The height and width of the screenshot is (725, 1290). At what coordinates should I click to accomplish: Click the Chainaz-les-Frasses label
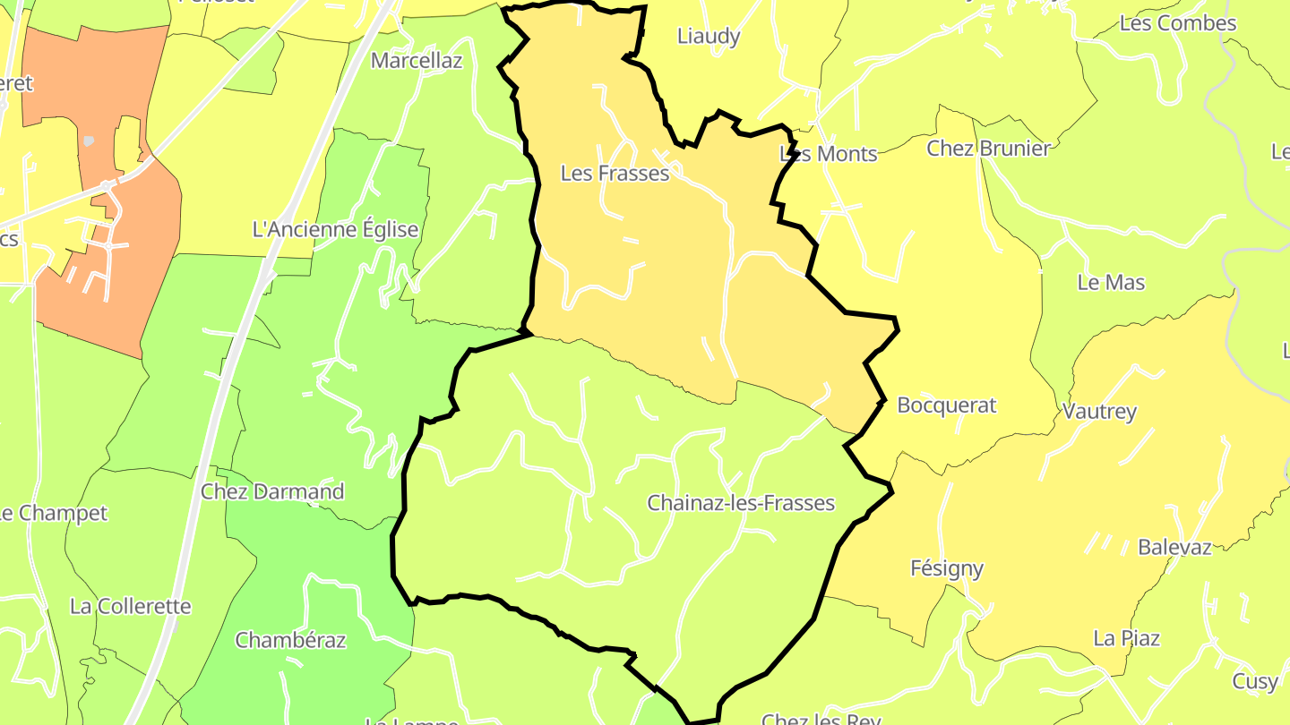click(x=741, y=503)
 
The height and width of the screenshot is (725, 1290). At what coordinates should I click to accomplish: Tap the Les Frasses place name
click(x=615, y=173)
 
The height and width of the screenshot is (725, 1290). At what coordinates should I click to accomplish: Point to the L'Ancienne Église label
click(x=336, y=229)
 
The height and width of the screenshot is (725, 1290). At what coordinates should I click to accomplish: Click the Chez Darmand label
click(x=272, y=491)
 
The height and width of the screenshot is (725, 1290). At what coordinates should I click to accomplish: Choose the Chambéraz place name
click(x=290, y=640)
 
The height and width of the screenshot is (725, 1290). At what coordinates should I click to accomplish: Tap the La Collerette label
click(x=131, y=606)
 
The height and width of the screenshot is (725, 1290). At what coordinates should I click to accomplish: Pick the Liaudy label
click(x=709, y=36)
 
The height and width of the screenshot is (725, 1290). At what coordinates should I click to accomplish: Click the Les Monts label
click(x=829, y=154)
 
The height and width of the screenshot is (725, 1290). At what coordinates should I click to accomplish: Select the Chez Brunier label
click(x=988, y=149)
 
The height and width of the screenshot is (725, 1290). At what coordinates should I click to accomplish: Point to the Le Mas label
click(x=1111, y=283)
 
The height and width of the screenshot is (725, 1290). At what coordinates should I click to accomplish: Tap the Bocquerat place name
click(x=946, y=405)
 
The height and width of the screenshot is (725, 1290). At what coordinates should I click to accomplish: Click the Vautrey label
click(x=1099, y=412)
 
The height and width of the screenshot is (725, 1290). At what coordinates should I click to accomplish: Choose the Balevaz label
click(x=1174, y=547)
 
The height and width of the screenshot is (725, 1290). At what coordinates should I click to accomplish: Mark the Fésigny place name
click(x=947, y=568)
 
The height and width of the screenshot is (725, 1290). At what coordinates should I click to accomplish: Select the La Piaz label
click(x=1126, y=638)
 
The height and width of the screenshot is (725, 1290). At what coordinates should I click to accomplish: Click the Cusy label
click(x=1255, y=681)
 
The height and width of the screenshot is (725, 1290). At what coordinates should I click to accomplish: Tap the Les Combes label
click(x=1178, y=23)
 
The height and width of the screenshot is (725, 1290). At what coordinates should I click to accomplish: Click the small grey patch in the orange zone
click(x=89, y=141)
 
